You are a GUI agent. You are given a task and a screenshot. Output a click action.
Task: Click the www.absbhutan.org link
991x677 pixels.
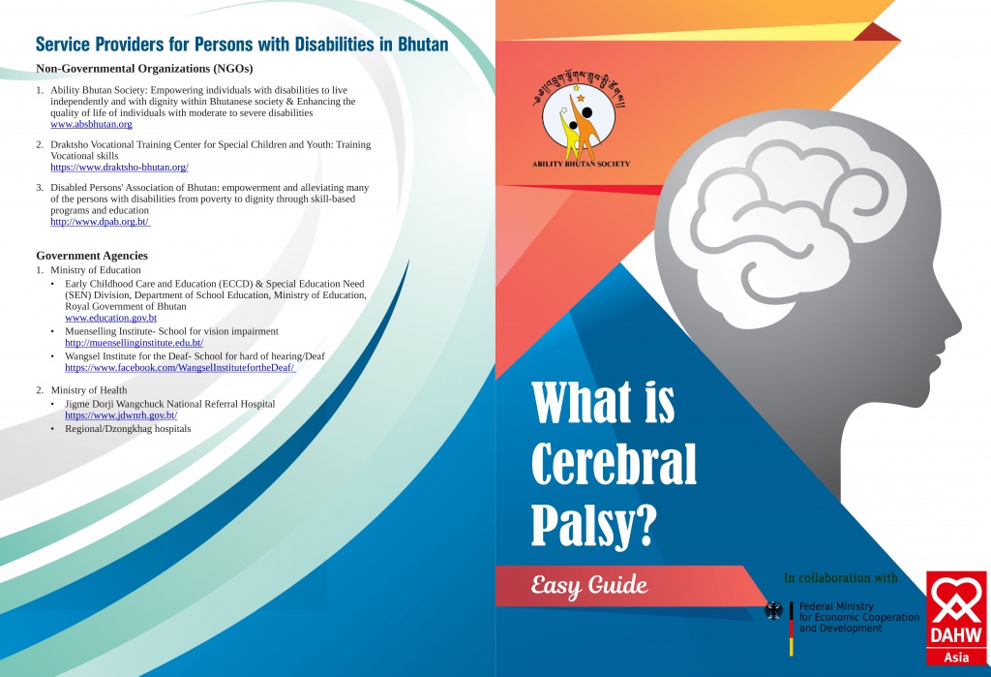91,125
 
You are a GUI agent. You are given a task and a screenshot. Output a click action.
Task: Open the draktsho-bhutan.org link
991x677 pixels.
119,168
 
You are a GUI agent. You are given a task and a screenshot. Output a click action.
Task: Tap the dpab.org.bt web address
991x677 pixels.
100,222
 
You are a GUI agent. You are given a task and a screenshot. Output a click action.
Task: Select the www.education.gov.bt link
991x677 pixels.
110,319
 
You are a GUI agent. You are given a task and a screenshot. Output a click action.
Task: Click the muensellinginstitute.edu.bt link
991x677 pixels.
134,343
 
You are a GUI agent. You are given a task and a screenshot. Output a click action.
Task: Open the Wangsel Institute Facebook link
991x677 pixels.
180,368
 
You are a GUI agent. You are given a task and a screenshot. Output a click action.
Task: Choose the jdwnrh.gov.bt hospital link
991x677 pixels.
121,415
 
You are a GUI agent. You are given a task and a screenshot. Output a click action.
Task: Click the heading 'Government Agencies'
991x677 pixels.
92,256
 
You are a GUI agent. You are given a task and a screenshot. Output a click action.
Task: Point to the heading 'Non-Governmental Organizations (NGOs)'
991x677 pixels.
144,69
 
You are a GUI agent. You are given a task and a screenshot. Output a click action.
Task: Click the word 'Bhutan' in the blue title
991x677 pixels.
423,45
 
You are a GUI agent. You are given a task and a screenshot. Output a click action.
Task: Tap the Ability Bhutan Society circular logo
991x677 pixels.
579,121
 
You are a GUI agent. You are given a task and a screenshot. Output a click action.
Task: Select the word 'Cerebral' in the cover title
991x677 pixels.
614,464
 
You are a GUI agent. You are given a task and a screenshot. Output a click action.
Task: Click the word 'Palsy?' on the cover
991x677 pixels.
593,526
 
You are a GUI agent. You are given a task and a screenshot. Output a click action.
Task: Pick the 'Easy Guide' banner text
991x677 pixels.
589,586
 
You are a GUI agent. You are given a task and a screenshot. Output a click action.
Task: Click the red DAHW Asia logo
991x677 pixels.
956,618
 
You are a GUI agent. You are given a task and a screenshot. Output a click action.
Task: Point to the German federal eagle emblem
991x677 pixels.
773,611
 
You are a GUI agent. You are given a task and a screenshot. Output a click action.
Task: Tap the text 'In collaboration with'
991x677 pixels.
841,578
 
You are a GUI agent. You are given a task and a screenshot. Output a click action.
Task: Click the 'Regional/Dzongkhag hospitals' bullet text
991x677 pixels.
128,429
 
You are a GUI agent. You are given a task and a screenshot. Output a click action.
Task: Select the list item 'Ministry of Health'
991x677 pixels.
89,390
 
